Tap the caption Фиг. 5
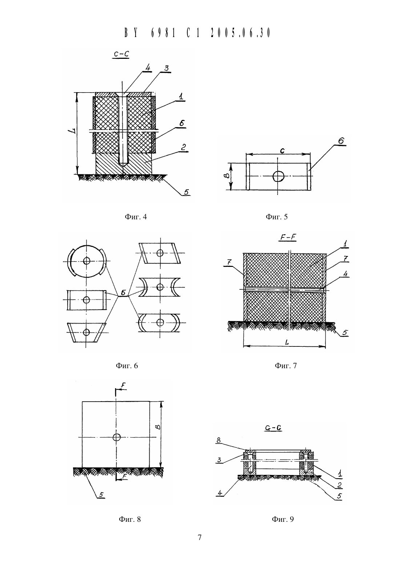[276, 217]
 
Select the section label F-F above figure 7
[288, 237]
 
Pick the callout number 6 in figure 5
[341, 141]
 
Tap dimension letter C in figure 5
[282, 151]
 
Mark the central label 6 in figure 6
[123, 293]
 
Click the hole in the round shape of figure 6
[86, 261]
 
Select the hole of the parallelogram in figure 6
[160, 253]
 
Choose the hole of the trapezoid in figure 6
[86, 333]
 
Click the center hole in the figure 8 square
[116, 438]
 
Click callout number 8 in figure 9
[218, 440]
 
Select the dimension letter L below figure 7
[287, 342]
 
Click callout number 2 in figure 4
[183, 147]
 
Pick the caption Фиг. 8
[129, 519]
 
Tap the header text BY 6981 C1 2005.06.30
[197, 33]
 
